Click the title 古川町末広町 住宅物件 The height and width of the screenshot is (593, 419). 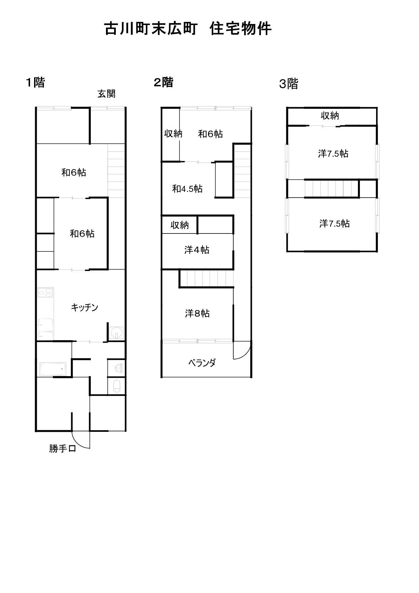[x=188, y=28]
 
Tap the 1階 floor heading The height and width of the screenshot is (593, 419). [x=35, y=82]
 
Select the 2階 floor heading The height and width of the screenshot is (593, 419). [x=163, y=82]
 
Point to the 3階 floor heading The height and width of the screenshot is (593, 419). [x=289, y=84]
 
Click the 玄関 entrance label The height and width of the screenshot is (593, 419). [x=106, y=94]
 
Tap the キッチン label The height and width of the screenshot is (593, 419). [x=84, y=307]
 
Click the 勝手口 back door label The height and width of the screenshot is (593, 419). [x=62, y=449]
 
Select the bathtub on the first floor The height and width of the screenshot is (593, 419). [x=55, y=369]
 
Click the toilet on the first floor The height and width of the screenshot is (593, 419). [x=116, y=386]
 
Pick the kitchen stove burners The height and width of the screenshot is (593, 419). [x=46, y=292]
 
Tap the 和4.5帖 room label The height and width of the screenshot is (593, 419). [x=187, y=189]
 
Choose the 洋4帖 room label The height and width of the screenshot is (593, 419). [x=197, y=250]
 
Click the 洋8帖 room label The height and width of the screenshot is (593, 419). [x=197, y=314]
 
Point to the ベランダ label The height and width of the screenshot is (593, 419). [x=202, y=363]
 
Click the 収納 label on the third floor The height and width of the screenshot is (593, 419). [x=330, y=116]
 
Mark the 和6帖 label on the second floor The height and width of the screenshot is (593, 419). [x=210, y=134]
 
